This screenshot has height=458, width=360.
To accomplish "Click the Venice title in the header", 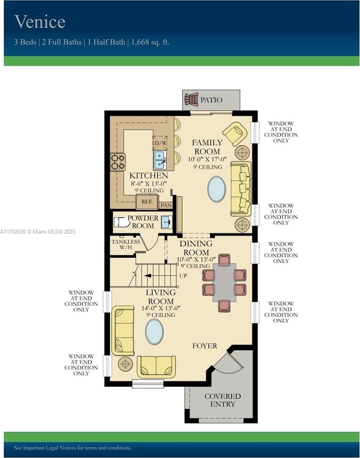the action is coord(40,22).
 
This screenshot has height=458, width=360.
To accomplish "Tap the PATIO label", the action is coord(212,100).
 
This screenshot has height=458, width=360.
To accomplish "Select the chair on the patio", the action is coord(191,99).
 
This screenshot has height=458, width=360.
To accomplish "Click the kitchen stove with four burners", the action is coord(118,162).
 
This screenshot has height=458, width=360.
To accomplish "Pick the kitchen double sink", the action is coord(160,160).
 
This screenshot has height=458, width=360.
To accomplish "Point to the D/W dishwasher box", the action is coord(160,143).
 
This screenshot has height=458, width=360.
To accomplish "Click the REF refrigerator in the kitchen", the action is coord(147,202).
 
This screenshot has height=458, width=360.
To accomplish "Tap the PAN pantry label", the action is coord(166,205).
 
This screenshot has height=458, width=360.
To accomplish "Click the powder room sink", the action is coord(166,222).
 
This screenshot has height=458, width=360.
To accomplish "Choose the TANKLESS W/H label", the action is coord(126,245).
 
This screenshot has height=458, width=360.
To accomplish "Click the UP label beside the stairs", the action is coord(183,276).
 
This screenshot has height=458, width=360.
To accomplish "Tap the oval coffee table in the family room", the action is coord(216,189).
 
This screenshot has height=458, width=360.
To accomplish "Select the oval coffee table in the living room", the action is coord(154,332).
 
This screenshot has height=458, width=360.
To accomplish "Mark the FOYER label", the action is coord(205,346).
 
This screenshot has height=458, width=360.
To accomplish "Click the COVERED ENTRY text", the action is coord(223,400).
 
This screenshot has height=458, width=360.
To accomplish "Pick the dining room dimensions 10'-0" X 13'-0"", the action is coord(196,260).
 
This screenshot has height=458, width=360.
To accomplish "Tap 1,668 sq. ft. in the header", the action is coord(150,42).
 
